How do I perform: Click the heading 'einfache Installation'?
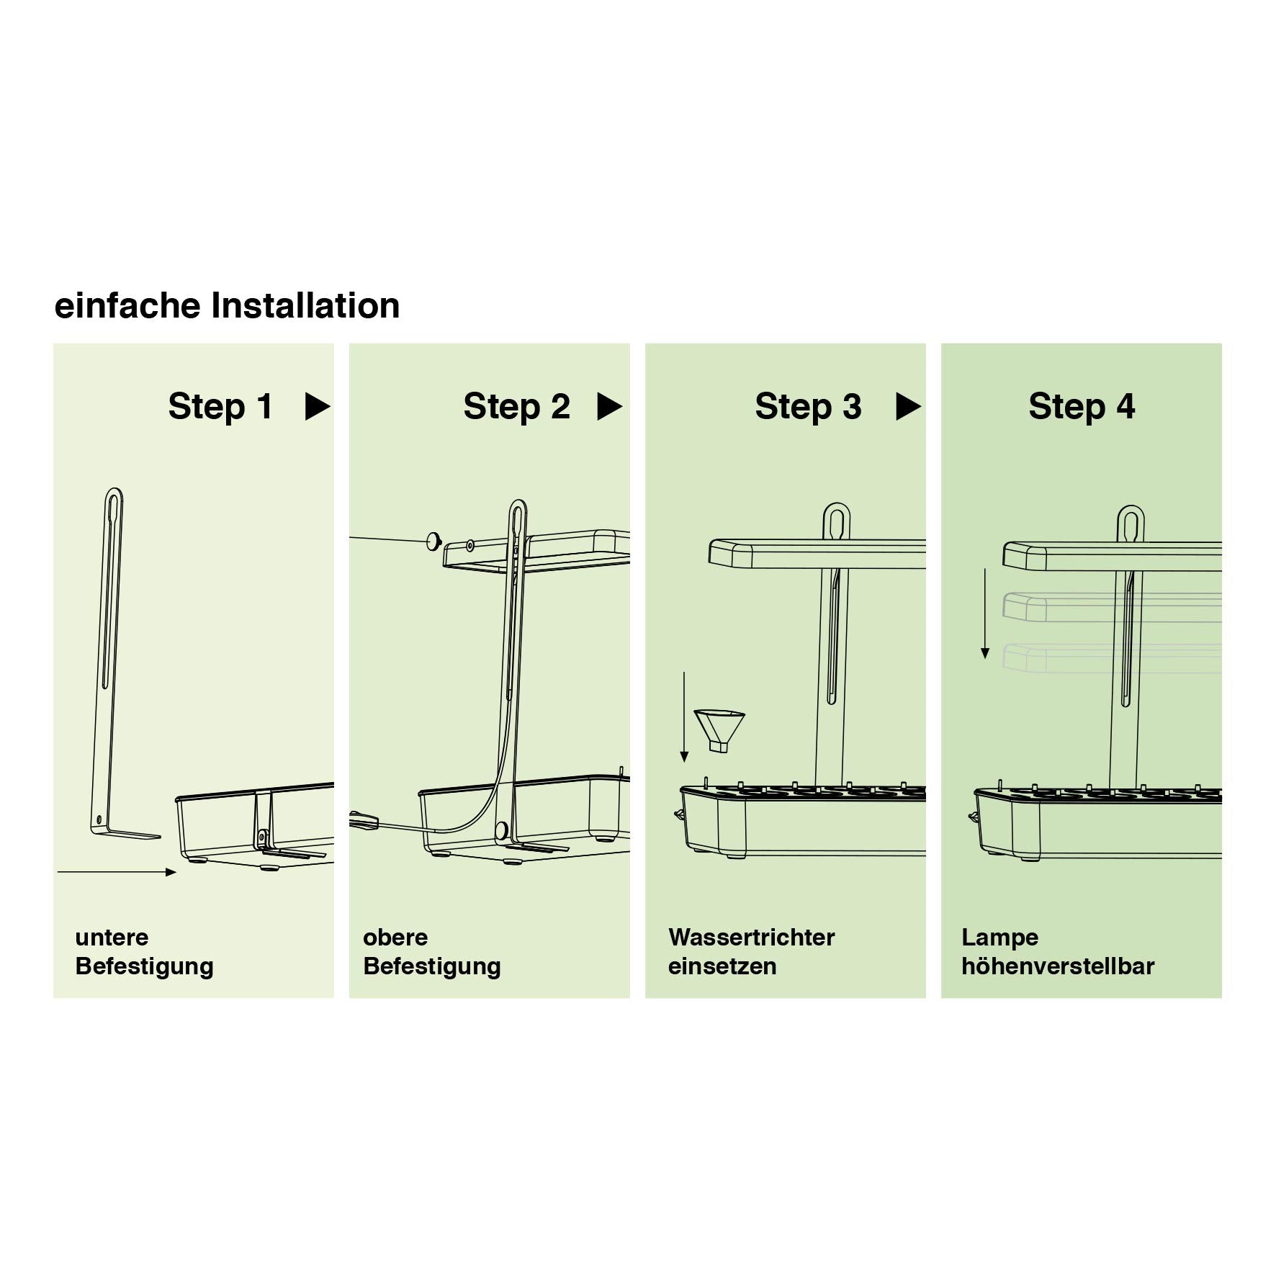pyautogui.click(x=227, y=305)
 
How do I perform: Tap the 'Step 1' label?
pyautogui.click(x=220, y=406)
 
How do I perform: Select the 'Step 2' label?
pyautogui.click(x=516, y=406)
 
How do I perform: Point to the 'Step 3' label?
pyautogui.click(x=808, y=406)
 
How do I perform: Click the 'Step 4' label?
pyautogui.click(x=1082, y=406)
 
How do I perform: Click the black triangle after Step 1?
pyautogui.click(x=318, y=406)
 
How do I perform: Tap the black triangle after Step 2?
pyautogui.click(x=609, y=406)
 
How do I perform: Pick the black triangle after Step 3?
pyautogui.click(x=907, y=406)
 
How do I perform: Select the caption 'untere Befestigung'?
pyautogui.click(x=144, y=951)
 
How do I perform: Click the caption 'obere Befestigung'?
pyautogui.click(x=432, y=951)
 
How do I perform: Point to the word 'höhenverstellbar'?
pyautogui.click(x=1058, y=966)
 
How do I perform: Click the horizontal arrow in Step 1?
pyautogui.click(x=117, y=872)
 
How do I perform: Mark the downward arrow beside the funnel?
pyautogui.click(x=684, y=716)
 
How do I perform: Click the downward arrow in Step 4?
pyautogui.click(x=985, y=614)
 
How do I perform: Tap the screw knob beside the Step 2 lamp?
pyautogui.click(x=433, y=540)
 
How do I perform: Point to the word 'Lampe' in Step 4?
pyautogui.click(x=1000, y=938)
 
